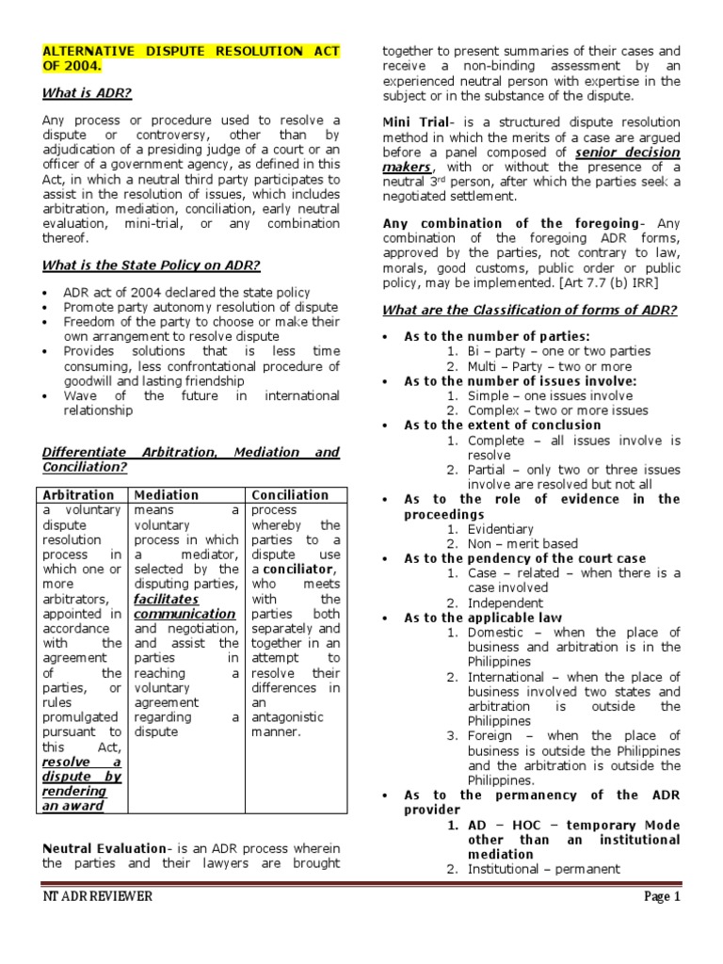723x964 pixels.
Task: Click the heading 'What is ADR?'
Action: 87,93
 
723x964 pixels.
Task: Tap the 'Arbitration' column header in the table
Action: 79,494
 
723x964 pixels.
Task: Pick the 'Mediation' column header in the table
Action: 167,494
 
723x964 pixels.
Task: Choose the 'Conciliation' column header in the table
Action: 290,494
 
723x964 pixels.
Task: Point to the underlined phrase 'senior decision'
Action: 628,152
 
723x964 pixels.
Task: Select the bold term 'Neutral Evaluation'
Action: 102,848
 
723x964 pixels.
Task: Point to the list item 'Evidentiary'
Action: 500,529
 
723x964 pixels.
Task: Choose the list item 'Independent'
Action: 505,602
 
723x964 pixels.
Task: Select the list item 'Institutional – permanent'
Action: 543,869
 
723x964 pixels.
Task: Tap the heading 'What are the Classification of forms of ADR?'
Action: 529,311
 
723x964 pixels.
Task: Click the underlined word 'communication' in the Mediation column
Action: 185,614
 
